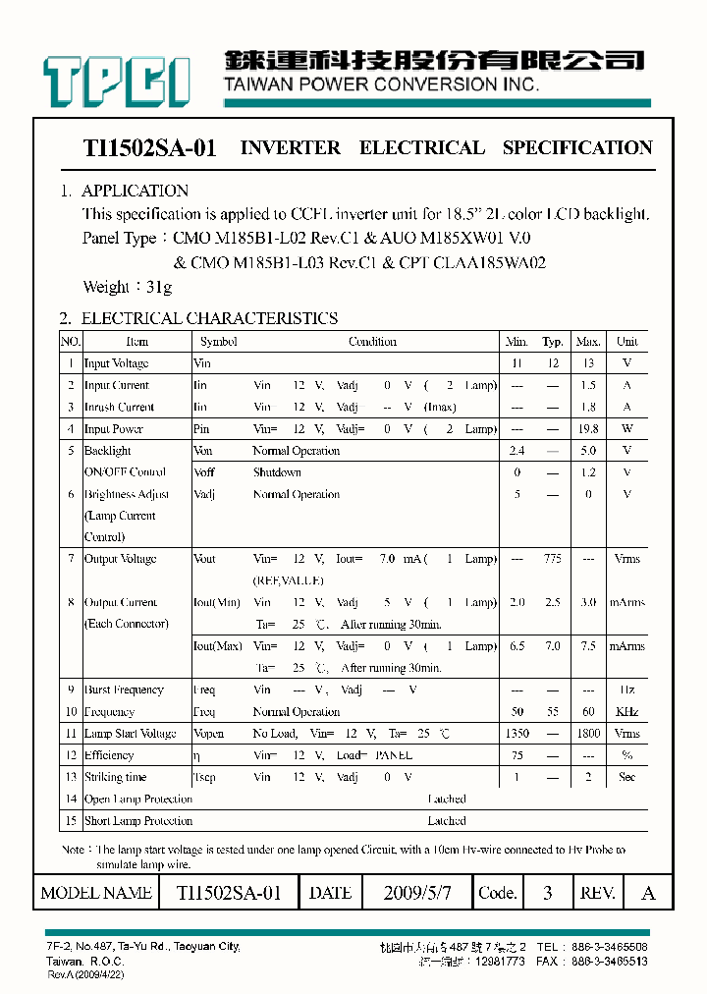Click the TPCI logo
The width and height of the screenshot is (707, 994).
click(x=116, y=80)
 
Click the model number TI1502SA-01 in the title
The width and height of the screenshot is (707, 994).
click(x=149, y=148)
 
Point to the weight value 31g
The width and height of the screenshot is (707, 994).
click(x=156, y=287)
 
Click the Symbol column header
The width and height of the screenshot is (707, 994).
click(x=218, y=342)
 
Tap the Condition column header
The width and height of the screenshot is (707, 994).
click(x=372, y=342)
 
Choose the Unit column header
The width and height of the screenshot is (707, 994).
click(x=626, y=342)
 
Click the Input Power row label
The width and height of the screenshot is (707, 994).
click(x=114, y=429)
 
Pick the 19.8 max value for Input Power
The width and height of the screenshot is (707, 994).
click(x=588, y=429)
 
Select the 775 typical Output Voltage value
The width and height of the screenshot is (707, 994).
click(x=552, y=559)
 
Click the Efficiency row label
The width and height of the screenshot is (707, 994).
click(x=109, y=755)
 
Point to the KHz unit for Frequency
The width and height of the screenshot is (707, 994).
click(x=626, y=712)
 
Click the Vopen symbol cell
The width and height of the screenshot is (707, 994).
click(x=209, y=734)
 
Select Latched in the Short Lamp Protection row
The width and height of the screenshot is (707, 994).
click(x=447, y=820)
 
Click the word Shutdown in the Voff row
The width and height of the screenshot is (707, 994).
click(x=277, y=472)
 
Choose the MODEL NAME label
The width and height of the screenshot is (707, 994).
click(x=96, y=893)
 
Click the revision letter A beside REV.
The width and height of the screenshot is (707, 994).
click(x=647, y=893)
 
